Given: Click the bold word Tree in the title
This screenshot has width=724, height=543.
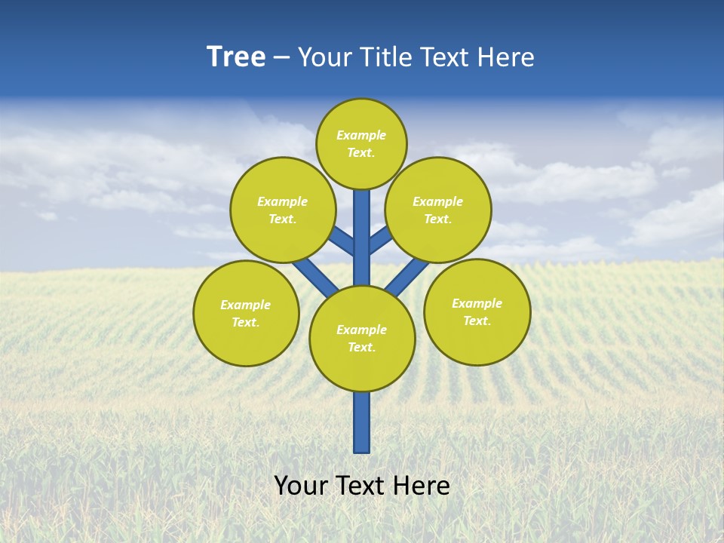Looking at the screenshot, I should (x=236, y=57).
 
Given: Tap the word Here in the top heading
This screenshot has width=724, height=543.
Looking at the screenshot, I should (x=506, y=57).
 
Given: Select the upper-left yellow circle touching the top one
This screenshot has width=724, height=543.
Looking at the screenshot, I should (x=283, y=210).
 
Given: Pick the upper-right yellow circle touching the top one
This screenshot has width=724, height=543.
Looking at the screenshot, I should (x=438, y=210).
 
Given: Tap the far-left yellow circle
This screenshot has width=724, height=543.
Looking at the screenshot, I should (x=246, y=313).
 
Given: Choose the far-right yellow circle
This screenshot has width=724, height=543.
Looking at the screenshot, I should (x=477, y=311).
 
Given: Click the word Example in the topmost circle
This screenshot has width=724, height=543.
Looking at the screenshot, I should (x=361, y=135).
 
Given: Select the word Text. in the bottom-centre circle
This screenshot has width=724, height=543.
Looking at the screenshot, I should (x=361, y=348).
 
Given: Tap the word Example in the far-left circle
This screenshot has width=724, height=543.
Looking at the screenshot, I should (x=245, y=305).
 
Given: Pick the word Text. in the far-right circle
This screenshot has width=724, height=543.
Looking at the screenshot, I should (x=477, y=321).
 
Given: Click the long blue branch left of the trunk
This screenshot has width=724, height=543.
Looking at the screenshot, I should (x=315, y=277).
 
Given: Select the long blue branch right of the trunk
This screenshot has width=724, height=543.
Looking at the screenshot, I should (x=407, y=278).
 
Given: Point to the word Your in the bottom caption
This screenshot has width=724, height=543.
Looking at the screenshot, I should (x=300, y=485).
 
